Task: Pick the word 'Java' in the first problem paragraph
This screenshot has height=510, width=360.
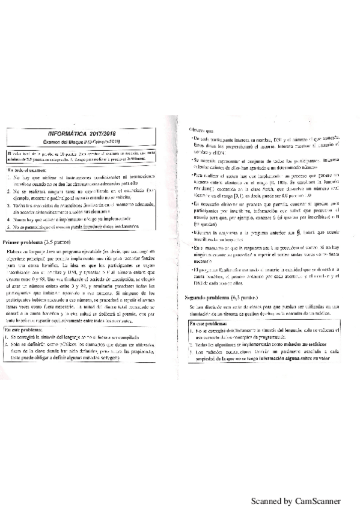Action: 62,233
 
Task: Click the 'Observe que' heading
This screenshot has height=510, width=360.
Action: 201,129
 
